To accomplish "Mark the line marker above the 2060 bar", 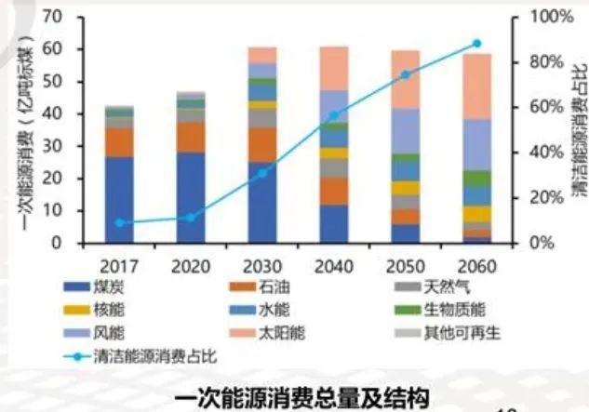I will click(476, 44).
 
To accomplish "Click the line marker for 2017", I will click(118, 223).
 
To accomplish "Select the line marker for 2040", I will click(333, 116).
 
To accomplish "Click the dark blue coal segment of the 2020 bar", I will click(191, 197).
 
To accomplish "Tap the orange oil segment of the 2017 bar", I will click(119, 142).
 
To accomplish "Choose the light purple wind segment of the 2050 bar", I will click(405, 130).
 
